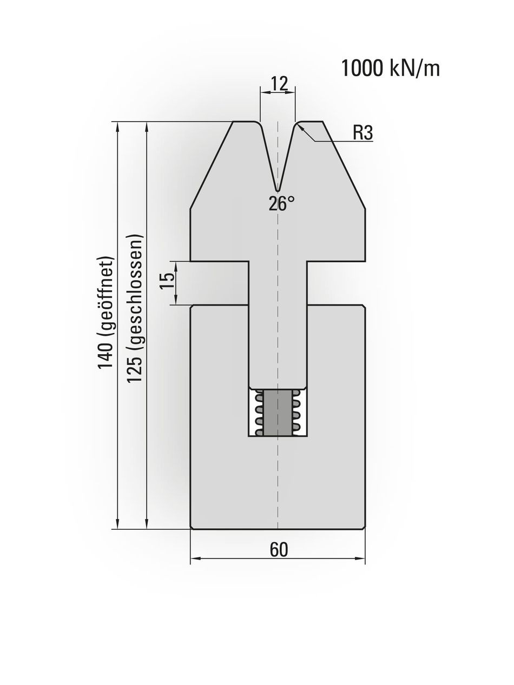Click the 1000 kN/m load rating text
click(390, 69)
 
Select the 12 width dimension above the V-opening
click(279, 83)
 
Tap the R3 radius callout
click(363, 132)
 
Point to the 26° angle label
click(282, 204)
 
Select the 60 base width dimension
click(279, 550)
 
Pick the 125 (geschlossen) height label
click(135, 308)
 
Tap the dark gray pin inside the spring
click(278, 412)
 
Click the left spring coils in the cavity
click(259, 413)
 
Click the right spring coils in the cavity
click(296, 413)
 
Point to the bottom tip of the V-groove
click(278, 190)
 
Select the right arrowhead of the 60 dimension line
click(361, 558)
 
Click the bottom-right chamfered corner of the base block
click(363, 527)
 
